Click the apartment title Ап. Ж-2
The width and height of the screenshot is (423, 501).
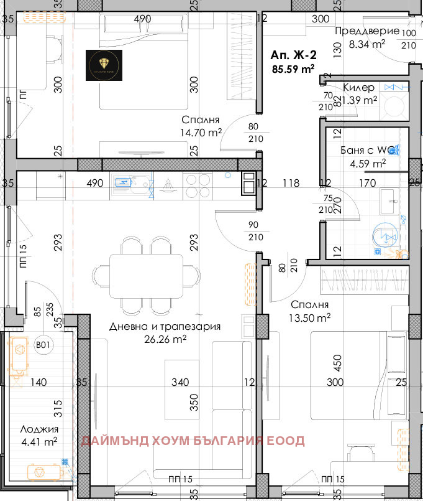tap(291, 55)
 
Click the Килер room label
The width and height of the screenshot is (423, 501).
tap(358, 88)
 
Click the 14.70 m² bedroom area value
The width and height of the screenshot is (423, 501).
tap(202, 133)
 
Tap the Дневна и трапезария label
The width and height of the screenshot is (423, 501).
tap(165, 326)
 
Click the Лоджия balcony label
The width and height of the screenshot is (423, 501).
tap(39, 429)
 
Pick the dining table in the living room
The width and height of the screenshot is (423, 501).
tap(147, 276)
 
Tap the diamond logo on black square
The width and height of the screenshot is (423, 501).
tap(104, 65)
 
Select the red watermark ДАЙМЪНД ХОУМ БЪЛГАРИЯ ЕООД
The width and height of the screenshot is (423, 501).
tap(194, 441)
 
